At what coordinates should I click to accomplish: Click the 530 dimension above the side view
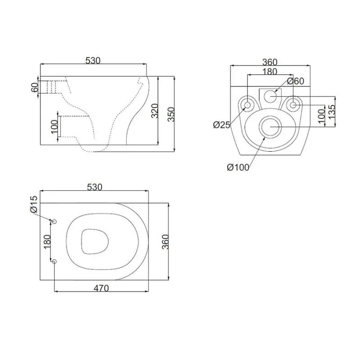pyautogui.click(x=93, y=61)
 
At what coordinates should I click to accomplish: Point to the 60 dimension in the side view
pyautogui.click(x=35, y=87)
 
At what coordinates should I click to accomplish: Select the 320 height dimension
pyautogui.click(x=155, y=111)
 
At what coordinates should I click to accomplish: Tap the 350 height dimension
pyautogui.click(x=171, y=114)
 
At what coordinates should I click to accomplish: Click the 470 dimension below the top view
pyautogui.click(x=101, y=288)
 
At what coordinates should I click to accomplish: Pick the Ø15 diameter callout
pyautogui.click(x=34, y=204)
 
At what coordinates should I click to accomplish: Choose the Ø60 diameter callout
pyautogui.click(x=296, y=81)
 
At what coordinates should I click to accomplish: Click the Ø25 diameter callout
pyautogui.click(x=221, y=125)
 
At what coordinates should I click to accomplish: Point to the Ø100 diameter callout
pyautogui.click(x=238, y=167)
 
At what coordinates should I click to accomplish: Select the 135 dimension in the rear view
pyautogui.click(x=332, y=112)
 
